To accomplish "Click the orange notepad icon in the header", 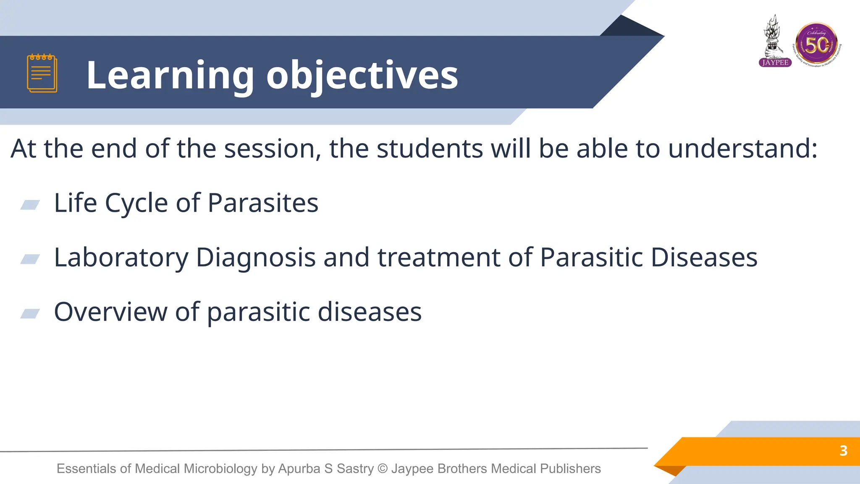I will [x=42, y=73].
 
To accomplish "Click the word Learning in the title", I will [x=170, y=76].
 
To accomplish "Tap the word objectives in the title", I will [x=362, y=76].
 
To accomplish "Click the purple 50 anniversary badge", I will [x=817, y=44].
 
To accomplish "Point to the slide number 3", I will [x=843, y=451].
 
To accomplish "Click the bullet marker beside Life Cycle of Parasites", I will [x=30, y=205].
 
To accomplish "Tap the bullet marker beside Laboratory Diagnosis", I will [x=30, y=259].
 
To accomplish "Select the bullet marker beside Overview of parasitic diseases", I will [x=30, y=313].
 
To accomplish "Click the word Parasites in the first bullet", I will [x=263, y=203].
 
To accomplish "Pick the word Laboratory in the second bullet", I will [x=121, y=258].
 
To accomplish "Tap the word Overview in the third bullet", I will [x=110, y=312].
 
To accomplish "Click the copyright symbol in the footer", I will [x=382, y=468].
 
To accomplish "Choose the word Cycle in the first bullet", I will [x=136, y=203].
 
